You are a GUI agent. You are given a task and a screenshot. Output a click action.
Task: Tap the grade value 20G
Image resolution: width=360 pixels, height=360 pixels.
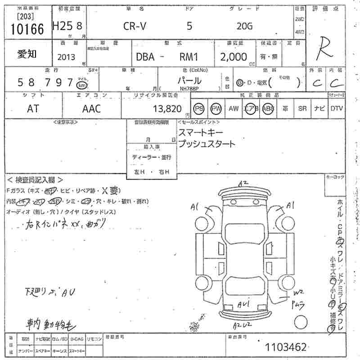[x=245, y=26]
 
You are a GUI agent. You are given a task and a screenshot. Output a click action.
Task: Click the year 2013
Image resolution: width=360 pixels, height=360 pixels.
[x=66, y=57]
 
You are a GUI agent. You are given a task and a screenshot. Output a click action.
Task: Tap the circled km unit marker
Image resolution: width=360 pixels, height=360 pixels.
[x=81, y=85]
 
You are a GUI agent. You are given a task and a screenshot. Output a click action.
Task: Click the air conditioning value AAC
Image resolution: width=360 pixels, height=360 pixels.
[x=91, y=108]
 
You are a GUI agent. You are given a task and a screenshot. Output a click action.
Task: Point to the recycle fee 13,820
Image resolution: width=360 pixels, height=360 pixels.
[x=167, y=108]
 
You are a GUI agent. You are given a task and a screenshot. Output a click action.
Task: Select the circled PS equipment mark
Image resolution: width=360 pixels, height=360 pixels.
[x=199, y=108]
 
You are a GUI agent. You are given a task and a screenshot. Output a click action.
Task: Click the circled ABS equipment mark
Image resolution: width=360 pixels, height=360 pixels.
[x=268, y=108]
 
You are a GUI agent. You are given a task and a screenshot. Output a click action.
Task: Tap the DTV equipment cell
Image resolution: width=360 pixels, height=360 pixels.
[x=337, y=108]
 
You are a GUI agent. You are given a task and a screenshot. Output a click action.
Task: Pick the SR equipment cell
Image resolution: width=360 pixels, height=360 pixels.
[x=302, y=108]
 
